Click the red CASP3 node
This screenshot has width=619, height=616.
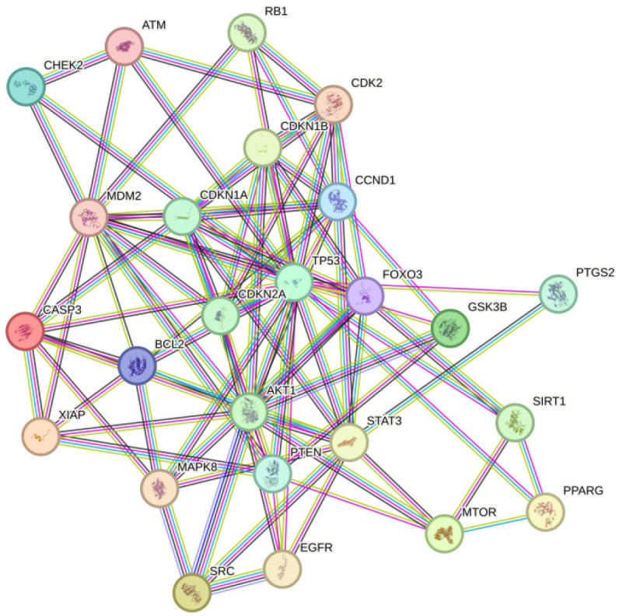(24, 331)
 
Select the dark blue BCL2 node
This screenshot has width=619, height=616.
(138, 366)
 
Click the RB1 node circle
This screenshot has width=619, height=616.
(247, 33)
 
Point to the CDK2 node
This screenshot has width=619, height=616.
(334, 104)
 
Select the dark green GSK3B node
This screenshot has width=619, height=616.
(450, 327)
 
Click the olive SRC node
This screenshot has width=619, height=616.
(191, 592)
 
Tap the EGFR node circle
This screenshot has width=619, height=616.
(282, 570)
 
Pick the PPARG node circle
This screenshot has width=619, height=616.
(545, 512)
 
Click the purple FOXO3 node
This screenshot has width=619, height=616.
(365, 296)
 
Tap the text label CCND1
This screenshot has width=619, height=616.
(375, 180)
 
